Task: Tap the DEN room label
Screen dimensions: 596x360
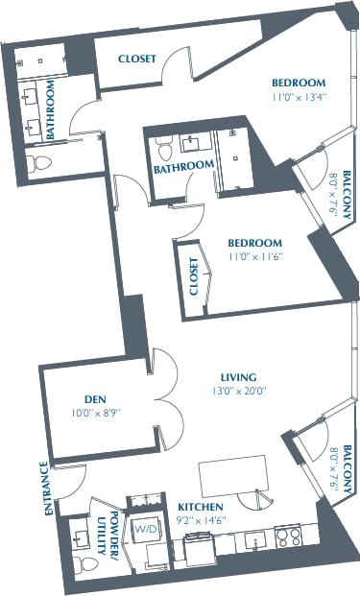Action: (94, 399)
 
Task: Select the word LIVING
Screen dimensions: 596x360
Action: (236, 377)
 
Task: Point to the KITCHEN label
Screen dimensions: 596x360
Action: (201, 506)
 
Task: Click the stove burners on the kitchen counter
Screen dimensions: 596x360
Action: (288, 536)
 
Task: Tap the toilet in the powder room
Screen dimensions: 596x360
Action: (80, 563)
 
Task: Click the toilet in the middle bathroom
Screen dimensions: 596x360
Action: (163, 150)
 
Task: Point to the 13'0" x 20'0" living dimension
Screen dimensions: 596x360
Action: (236, 391)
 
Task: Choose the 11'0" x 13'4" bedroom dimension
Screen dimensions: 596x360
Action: (299, 96)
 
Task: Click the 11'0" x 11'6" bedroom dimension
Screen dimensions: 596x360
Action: (255, 256)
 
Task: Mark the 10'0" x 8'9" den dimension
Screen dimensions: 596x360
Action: (94, 413)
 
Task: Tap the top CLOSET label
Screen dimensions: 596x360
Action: (137, 60)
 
